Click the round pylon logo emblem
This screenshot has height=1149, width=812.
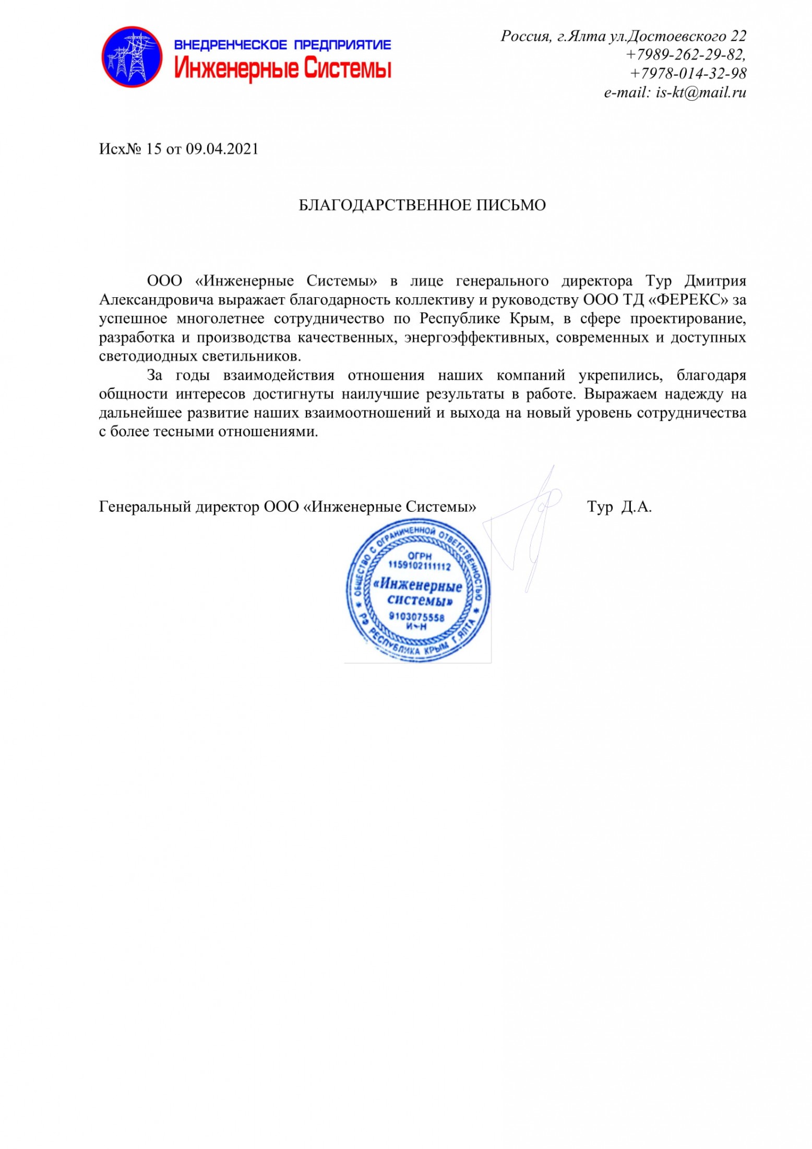click(132, 57)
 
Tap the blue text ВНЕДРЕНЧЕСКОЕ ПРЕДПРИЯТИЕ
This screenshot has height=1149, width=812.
click(282, 45)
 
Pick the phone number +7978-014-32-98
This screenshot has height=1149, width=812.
click(688, 74)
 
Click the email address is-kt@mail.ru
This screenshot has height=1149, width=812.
click(700, 93)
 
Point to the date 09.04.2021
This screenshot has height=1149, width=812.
click(222, 149)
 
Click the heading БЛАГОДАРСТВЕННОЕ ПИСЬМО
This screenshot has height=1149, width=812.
click(422, 205)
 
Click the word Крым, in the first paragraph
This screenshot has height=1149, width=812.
click(531, 319)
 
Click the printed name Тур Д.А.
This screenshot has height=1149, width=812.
click(619, 507)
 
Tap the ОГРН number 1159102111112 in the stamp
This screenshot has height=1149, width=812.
click(419, 566)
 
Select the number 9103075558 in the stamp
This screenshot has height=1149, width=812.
click(416, 617)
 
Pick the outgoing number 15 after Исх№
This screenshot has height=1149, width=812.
click(153, 149)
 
